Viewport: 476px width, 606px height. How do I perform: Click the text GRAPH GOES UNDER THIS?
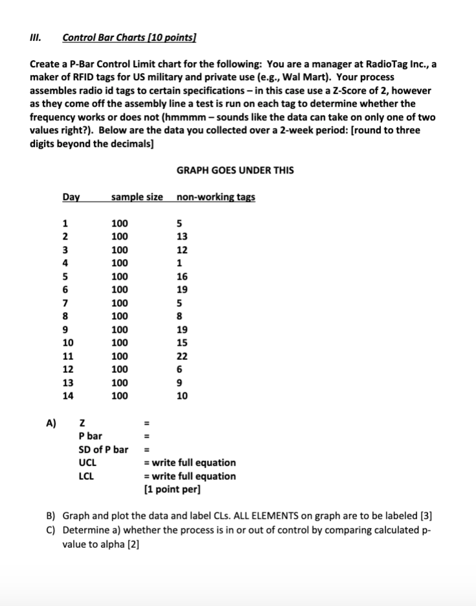235,170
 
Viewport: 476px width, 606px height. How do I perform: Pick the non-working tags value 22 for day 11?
182,356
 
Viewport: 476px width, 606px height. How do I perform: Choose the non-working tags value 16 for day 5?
182,276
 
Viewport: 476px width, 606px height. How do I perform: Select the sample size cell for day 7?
120,303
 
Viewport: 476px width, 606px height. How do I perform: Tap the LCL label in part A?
86,476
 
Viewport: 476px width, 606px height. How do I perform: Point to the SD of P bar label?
103,449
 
